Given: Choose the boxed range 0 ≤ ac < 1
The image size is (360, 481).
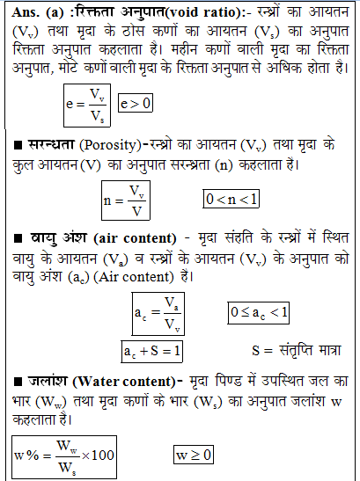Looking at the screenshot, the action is tap(260, 312).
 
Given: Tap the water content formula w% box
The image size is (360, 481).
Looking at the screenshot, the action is tap(65, 455).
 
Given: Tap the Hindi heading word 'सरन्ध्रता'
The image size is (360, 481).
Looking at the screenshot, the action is tap(47, 144).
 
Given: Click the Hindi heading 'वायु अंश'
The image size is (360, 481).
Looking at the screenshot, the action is tap(44, 239).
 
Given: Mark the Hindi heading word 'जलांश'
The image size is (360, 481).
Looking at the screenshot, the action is tap(36, 381).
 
